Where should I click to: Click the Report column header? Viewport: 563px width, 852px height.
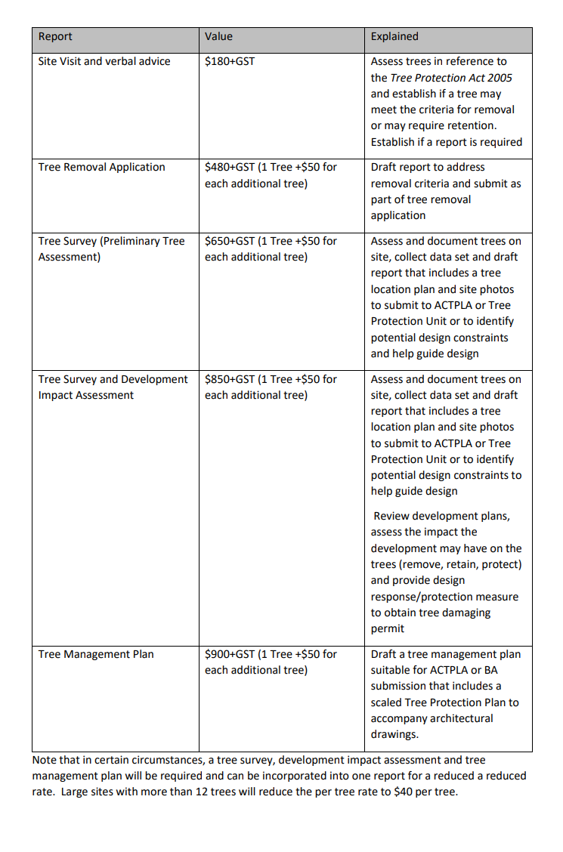55,36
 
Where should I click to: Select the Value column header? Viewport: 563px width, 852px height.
218,36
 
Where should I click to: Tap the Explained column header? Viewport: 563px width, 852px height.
394,36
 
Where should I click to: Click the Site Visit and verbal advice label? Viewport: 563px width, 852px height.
104,61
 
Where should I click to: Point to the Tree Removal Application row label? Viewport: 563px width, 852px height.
101,167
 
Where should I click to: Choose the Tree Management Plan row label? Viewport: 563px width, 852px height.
96,654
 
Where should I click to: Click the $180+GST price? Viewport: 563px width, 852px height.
230,61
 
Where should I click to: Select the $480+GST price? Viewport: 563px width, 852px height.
230,167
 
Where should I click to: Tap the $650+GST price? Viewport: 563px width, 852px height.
230,241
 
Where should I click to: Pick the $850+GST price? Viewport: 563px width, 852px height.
230,379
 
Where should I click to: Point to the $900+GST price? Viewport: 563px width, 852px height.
230,654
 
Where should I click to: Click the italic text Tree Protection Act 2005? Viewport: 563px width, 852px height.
452,78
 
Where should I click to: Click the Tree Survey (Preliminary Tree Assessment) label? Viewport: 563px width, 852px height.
111,248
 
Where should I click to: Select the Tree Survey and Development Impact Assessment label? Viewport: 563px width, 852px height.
113,387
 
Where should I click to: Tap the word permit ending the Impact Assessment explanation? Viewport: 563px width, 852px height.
388,628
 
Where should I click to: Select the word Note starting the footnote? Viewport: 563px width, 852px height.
44,760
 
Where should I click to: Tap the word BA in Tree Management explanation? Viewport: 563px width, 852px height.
490,670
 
